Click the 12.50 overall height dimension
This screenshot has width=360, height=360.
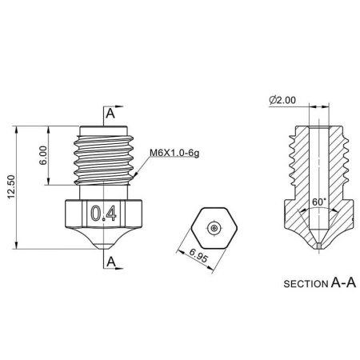pyautogui.click(x=11, y=187)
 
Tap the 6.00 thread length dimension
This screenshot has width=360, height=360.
pyautogui.click(x=43, y=155)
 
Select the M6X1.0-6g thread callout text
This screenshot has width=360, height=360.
pyautogui.click(x=174, y=153)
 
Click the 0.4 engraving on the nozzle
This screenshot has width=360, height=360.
pyautogui.click(x=103, y=214)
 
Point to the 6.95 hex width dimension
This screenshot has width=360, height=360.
pyautogui.click(x=198, y=255)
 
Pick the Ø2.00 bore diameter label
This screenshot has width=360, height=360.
pyautogui.click(x=282, y=100)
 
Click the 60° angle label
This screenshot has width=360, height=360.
pyautogui.click(x=319, y=202)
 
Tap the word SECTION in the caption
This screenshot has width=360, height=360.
pyautogui.click(x=306, y=284)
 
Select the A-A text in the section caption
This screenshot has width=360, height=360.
pyautogui.click(x=343, y=282)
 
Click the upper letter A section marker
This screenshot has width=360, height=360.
pyautogui.click(x=110, y=114)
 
